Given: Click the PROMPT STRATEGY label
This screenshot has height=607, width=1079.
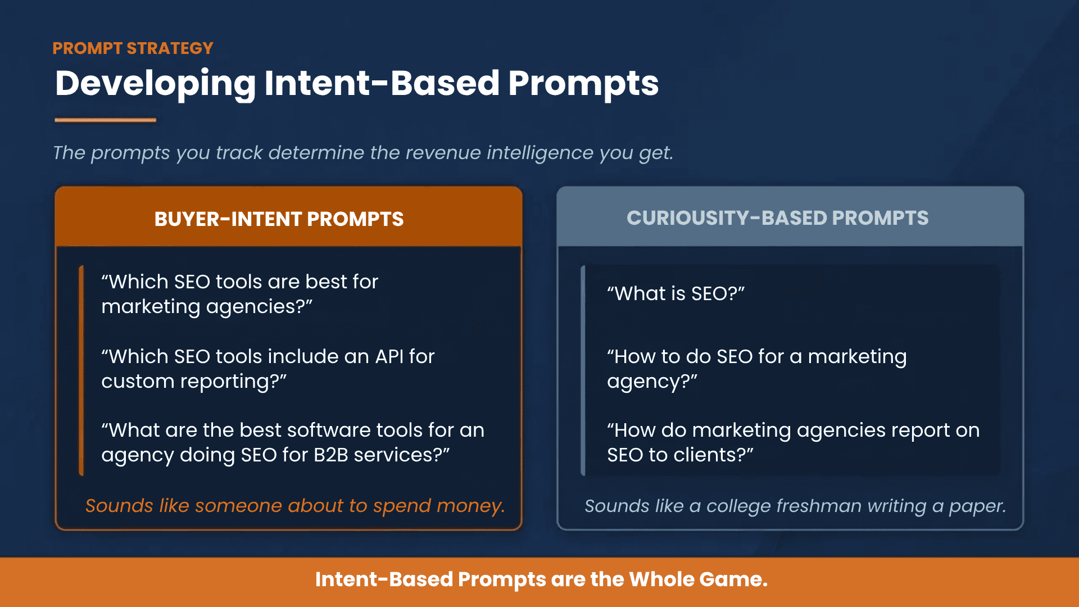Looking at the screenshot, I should pos(133,48).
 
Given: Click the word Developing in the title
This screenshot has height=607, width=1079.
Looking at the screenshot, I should pos(155,84).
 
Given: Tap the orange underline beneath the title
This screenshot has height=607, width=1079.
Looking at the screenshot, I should pos(105,120).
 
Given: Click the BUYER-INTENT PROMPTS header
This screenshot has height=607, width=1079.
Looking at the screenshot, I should pos(279,219).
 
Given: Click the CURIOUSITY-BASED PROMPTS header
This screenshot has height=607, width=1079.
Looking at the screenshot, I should pos(777,218).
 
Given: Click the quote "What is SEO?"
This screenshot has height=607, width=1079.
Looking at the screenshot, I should pos(675,293).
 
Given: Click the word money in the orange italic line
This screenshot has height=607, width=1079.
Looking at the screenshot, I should pos(470,506).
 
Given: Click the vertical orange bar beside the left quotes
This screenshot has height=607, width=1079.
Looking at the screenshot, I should pos(81,371).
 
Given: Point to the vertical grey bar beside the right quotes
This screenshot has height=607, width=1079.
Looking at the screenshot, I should pos(583,371).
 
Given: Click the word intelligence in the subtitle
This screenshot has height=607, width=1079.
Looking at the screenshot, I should pos(539,153).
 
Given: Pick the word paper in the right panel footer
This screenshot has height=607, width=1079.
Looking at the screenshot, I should pos(977,506).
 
